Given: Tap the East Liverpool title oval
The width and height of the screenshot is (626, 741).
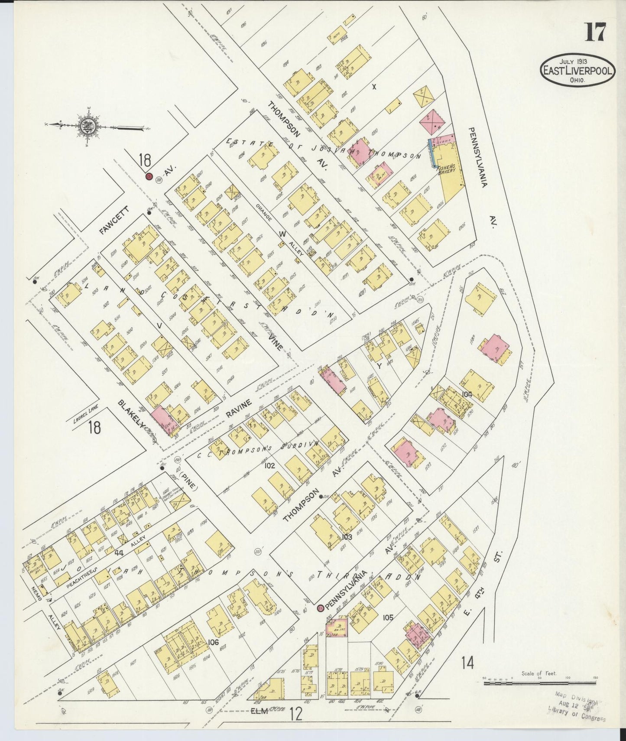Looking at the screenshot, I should click(x=577, y=71).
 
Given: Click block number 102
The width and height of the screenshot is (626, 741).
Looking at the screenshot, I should click(x=269, y=466).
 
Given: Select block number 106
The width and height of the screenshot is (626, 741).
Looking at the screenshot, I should click(x=213, y=642).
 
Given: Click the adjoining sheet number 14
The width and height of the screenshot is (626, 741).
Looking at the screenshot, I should click(x=467, y=663).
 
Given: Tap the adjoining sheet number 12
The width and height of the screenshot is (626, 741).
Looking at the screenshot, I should click(x=296, y=714).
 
